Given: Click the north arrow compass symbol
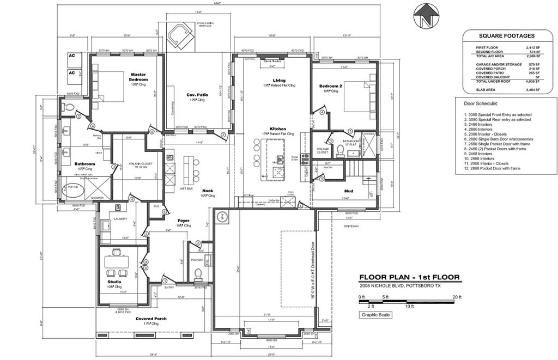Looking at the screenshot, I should (424, 16).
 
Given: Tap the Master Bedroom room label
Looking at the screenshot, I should (138, 77).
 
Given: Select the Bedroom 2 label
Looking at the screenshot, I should (331, 86).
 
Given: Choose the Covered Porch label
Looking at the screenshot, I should (151, 319).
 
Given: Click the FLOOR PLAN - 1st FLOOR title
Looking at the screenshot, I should (409, 277).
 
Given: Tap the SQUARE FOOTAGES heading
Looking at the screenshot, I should (506, 36).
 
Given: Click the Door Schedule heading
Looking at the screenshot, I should (481, 103).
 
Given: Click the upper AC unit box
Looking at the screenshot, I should (72, 56).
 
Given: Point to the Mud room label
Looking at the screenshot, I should (349, 191).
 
